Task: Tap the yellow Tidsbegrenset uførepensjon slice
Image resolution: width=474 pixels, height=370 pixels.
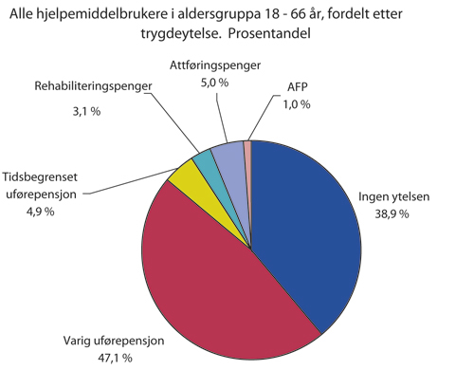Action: pyautogui.click(x=184, y=175)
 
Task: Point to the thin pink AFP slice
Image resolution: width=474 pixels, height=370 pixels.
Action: pyautogui.click(x=247, y=148)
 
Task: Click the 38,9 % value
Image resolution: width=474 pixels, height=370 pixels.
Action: pyautogui.click(x=391, y=214)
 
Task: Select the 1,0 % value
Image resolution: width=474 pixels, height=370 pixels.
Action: pyautogui.click(x=297, y=103)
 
